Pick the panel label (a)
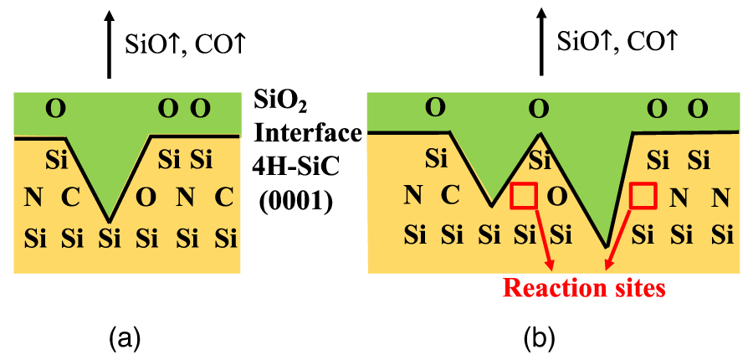tap(125, 338)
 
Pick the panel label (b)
tap(536, 338)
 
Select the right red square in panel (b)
tap(643, 195)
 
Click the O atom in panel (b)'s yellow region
tap(556, 197)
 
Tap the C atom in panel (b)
tap(450, 197)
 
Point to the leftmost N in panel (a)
tap(33, 198)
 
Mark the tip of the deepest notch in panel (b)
tap(606, 246)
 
